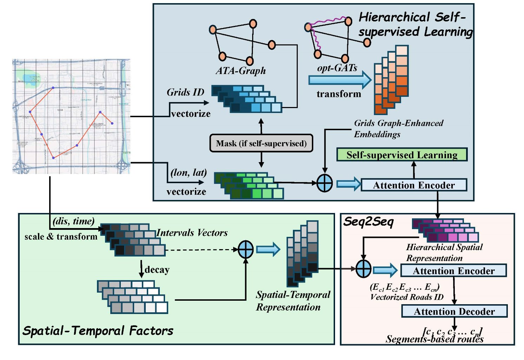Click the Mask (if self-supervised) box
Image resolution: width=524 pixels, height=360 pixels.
point(261,143)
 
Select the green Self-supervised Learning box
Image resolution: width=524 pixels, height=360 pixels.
point(402,155)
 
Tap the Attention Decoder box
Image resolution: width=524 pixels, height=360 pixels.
point(454,311)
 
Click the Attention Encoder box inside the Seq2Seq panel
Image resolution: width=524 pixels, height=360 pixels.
point(453,271)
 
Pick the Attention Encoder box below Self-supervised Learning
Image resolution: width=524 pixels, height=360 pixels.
point(414,185)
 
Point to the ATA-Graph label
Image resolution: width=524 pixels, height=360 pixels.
point(241,71)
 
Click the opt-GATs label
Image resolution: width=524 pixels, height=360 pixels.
point(337,68)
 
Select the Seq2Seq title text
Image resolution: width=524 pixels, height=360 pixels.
point(368,222)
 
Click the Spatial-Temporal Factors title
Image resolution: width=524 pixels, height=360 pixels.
point(98,331)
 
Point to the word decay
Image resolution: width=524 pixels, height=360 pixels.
point(157,269)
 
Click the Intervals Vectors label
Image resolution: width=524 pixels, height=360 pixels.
point(192,233)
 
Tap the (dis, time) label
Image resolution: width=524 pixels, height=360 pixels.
point(73,221)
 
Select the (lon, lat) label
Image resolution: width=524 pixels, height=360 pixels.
point(189,173)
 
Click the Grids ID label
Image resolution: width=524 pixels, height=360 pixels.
point(185,92)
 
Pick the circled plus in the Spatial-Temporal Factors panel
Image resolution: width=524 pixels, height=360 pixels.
point(245,250)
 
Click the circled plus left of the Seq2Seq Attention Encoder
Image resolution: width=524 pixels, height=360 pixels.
point(363,269)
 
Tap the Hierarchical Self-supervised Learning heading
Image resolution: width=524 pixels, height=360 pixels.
point(415,24)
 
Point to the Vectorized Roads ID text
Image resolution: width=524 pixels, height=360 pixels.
point(407,297)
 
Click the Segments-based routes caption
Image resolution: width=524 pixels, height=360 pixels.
point(434,339)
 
